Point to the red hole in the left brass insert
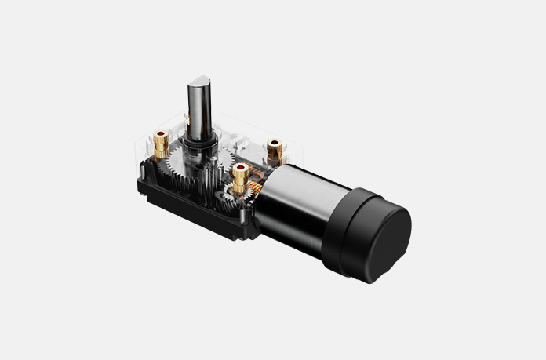(161, 135)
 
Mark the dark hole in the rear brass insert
(275, 144)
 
